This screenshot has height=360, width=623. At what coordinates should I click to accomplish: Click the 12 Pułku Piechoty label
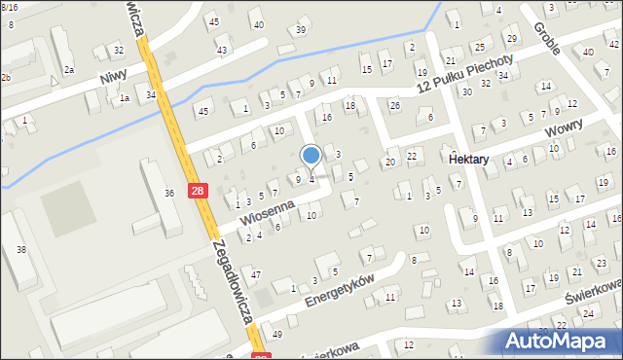tap(463, 74)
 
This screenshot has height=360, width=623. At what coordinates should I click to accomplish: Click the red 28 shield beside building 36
tap(198, 192)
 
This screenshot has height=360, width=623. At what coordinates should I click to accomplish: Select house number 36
tap(168, 193)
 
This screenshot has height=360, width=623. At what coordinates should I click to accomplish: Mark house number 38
tap(21, 250)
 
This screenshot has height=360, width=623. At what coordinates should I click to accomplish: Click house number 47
tap(256, 275)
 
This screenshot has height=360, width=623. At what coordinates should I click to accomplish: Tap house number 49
tap(277, 334)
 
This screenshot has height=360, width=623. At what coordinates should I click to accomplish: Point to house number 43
tap(222, 50)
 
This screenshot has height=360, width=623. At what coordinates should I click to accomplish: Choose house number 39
tap(301, 29)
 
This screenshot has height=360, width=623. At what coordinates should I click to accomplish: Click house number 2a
tap(69, 70)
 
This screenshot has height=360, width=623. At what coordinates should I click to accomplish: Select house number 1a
tap(124, 98)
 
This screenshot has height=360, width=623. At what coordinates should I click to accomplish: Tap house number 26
tap(394, 105)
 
